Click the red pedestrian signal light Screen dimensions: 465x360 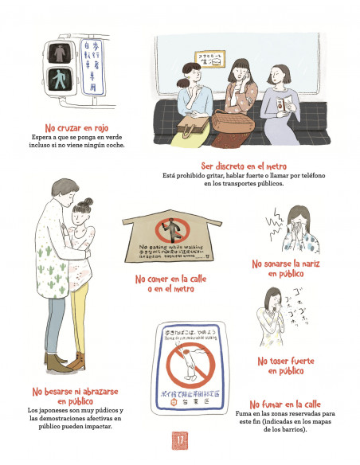(58, 54)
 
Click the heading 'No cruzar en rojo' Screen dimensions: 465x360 (76, 127)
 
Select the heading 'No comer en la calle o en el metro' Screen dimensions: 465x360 (168, 284)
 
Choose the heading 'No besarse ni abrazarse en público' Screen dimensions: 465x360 (75, 397)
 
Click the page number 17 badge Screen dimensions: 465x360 (180, 440)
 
